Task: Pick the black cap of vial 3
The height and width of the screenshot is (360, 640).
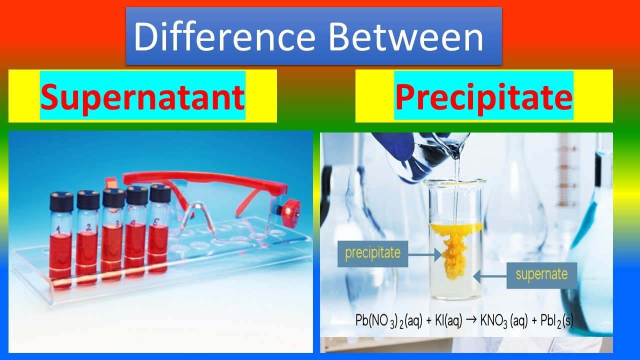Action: [x=113, y=197]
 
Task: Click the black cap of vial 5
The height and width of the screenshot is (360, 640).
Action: [x=160, y=193]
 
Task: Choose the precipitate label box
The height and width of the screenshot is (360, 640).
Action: [x=373, y=253]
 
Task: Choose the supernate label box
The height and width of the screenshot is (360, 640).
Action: [x=541, y=274]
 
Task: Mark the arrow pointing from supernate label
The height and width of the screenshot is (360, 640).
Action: [x=490, y=274]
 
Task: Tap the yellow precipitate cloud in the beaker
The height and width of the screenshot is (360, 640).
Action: [x=455, y=247]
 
